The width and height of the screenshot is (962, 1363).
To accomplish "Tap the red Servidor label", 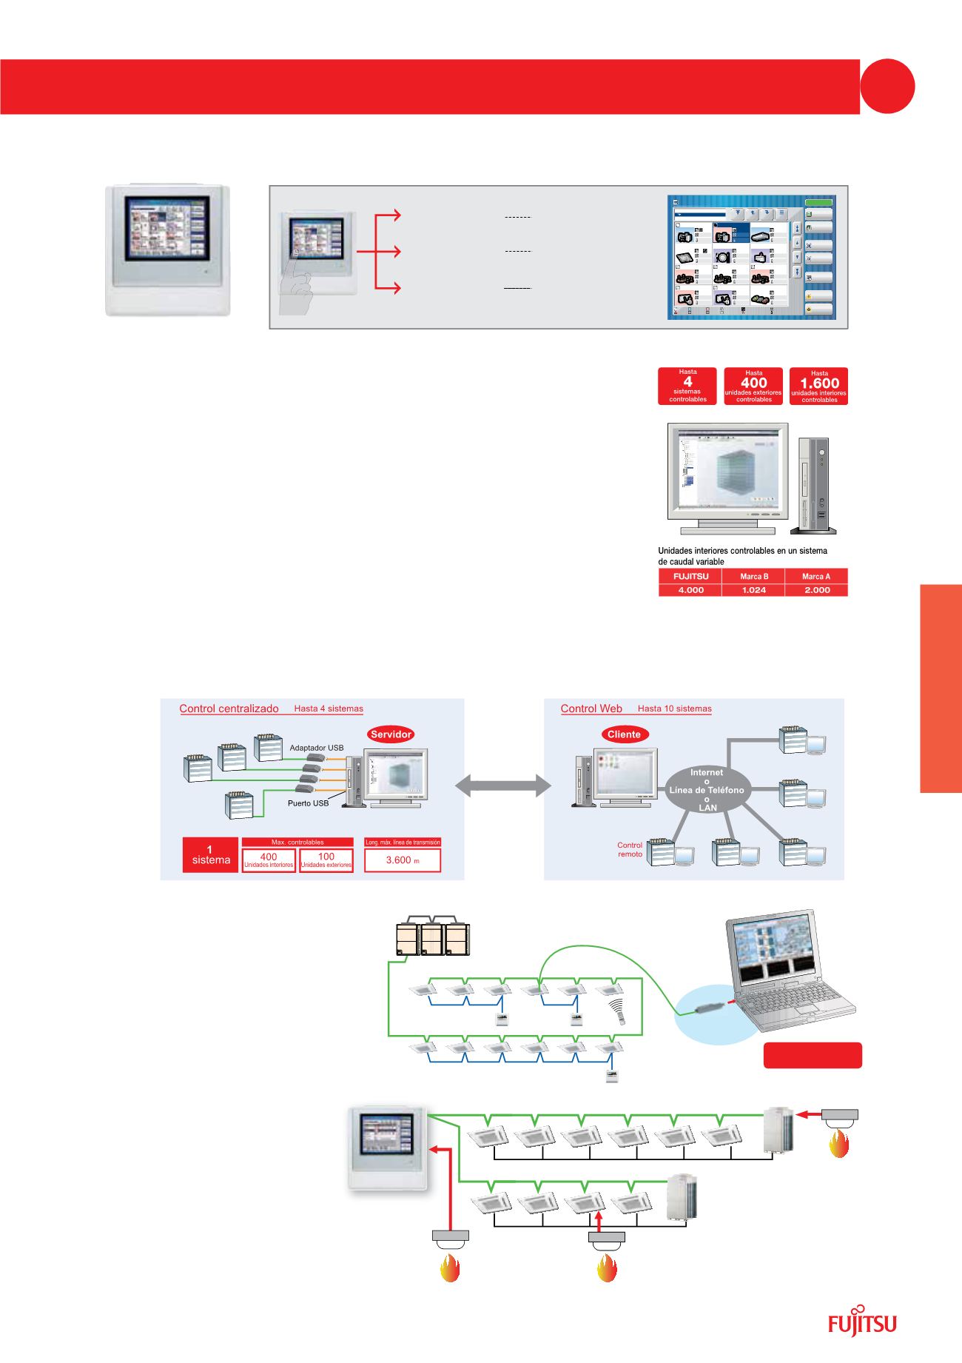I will click(x=390, y=734).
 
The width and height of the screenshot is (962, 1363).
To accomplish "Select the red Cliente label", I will click(x=623, y=734).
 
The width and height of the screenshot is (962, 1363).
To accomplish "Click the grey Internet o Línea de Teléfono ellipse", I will click(x=707, y=790).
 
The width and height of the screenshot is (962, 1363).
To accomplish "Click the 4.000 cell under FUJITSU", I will click(x=688, y=590).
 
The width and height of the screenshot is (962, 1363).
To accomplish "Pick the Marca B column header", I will click(x=754, y=576).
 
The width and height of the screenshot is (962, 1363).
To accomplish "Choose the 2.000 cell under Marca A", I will click(x=817, y=590).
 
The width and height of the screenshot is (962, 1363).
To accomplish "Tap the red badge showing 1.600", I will click(x=819, y=386).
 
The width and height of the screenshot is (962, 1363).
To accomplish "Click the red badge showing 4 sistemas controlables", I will click(x=687, y=386).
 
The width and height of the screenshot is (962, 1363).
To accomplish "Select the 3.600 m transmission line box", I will click(x=403, y=860).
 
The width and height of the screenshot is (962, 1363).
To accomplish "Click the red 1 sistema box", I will click(x=211, y=855).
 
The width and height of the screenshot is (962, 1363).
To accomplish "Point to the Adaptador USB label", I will click(x=317, y=748).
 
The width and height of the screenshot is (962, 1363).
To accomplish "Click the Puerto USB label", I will click(x=308, y=803).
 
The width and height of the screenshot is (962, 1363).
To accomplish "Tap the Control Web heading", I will click(x=591, y=709).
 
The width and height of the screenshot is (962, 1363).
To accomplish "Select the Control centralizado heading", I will click(x=229, y=709).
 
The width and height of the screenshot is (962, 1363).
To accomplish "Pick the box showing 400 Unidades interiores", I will click(x=269, y=860).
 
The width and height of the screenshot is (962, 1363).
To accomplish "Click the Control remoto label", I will click(x=630, y=849).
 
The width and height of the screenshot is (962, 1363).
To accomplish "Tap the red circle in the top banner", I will click(x=888, y=87).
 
